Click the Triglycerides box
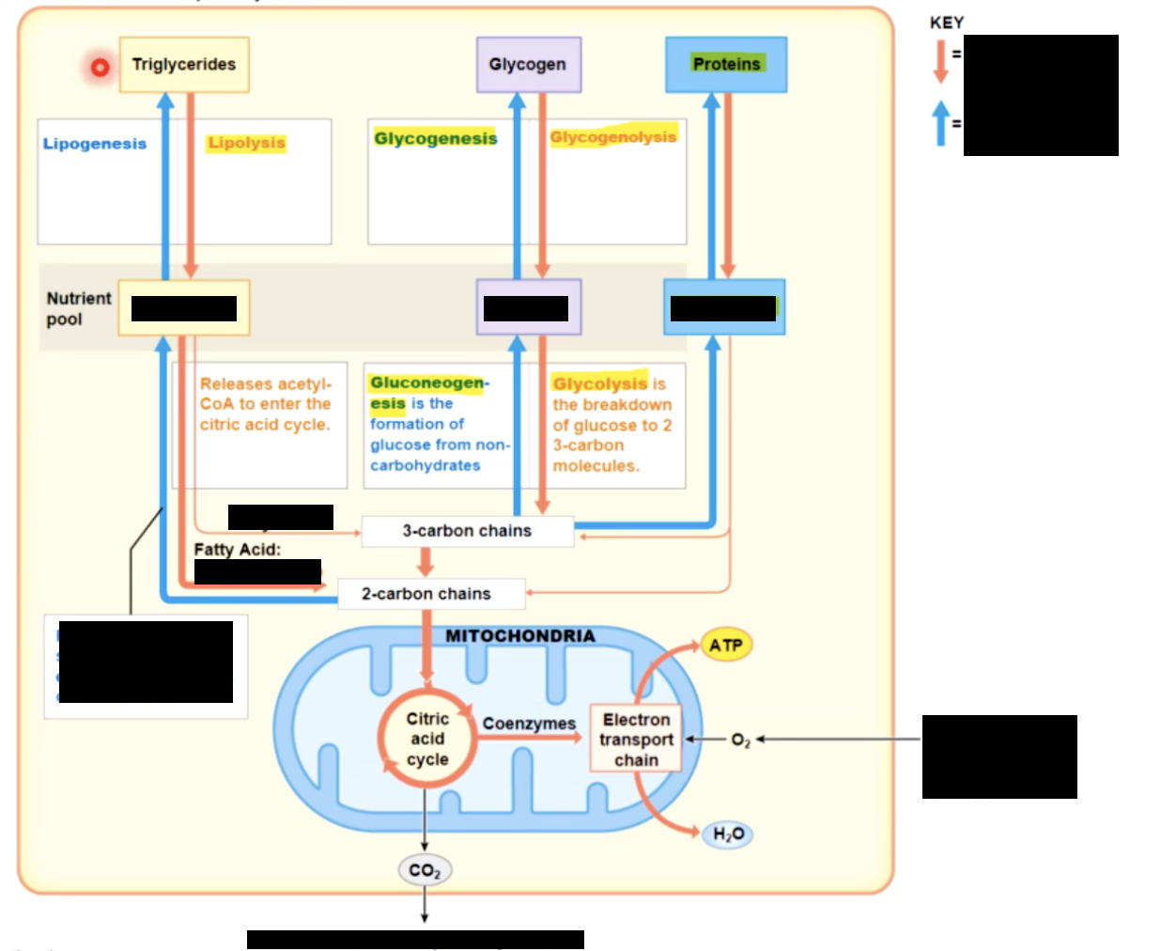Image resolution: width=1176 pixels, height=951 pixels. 184,65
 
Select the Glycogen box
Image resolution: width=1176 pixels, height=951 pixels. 528,65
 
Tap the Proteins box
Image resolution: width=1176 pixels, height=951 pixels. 726,65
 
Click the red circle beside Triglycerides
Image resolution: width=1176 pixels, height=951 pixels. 100,68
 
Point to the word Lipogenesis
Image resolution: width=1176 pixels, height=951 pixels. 95,144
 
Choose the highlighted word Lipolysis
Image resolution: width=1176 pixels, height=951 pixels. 246,143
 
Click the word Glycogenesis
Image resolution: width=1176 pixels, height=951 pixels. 435,139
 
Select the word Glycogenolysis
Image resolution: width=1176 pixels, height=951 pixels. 612,137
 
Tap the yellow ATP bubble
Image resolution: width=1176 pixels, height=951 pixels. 726,646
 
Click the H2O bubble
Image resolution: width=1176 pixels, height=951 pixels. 728,834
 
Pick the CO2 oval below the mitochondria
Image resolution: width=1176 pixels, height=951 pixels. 425,870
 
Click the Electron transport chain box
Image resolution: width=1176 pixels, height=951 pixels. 636,740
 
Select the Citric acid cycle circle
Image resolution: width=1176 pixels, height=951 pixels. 427,739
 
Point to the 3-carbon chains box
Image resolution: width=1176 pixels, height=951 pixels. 467,531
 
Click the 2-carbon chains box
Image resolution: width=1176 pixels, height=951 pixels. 426,594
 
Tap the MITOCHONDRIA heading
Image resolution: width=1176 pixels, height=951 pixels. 519,636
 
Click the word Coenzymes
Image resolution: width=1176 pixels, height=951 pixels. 529,724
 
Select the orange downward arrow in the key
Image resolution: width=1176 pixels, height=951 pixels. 940,61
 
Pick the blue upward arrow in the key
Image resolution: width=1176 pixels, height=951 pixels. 940,123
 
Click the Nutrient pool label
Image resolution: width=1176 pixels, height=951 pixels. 78,308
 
